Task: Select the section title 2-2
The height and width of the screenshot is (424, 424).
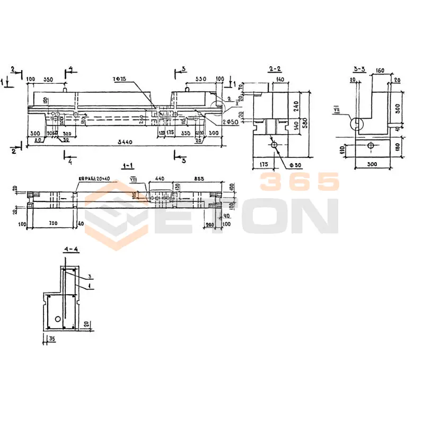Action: point(275,69)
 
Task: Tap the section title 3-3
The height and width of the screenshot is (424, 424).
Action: point(359,69)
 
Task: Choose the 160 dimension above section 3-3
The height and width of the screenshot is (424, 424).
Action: point(379,69)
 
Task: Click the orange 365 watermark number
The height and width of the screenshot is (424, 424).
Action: point(299,182)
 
